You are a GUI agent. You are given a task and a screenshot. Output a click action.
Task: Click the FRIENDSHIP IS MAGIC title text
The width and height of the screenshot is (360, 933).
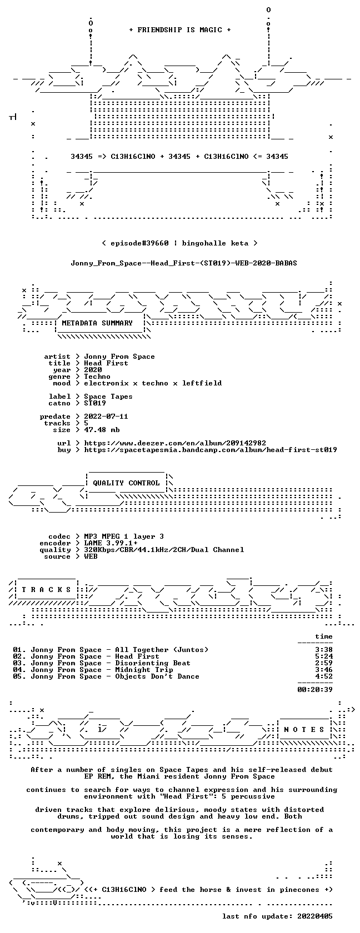click(x=180, y=30)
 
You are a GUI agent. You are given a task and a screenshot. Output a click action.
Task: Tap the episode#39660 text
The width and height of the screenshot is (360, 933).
click(x=139, y=243)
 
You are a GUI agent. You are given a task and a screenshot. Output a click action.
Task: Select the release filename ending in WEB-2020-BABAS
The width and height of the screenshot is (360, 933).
click(x=184, y=263)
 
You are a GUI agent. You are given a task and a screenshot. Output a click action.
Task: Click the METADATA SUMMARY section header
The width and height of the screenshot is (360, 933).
click(x=97, y=323)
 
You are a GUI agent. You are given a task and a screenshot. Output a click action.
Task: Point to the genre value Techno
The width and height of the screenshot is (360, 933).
click(x=97, y=377)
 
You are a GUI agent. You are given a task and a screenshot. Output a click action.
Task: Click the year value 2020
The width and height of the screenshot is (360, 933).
click(x=93, y=370)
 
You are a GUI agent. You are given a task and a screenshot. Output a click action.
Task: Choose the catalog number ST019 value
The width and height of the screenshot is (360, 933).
click(x=95, y=403)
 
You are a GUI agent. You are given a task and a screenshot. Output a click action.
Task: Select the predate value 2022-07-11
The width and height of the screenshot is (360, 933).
click(x=106, y=417)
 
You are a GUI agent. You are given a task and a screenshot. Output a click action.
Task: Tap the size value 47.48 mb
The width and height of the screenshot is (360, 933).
click(x=102, y=430)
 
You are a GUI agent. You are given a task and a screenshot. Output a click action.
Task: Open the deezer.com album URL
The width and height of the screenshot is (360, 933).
click(x=175, y=443)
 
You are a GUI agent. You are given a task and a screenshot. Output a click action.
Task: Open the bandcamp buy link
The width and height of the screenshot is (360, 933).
click(x=211, y=450)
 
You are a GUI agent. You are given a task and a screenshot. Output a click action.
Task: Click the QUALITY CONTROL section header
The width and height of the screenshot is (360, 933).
click(x=126, y=483)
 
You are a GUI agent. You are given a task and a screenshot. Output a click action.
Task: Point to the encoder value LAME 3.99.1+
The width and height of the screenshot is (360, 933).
click(x=111, y=543)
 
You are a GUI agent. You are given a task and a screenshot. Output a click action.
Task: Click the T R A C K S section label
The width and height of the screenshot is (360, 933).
click(x=46, y=590)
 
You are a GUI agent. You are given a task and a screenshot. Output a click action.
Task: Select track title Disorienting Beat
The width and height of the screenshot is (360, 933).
click(x=152, y=663)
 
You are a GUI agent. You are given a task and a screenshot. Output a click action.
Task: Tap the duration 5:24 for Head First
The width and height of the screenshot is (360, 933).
click(x=324, y=656)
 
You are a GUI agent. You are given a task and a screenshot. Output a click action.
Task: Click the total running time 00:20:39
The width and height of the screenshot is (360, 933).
click(x=315, y=690)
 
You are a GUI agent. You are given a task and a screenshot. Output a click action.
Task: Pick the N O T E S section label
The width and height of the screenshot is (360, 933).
click(x=304, y=730)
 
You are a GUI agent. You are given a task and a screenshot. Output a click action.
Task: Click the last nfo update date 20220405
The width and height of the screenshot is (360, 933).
click(x=315, y=916)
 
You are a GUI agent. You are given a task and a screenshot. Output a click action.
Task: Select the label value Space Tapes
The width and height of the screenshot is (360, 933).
click(x=108, y=397)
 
